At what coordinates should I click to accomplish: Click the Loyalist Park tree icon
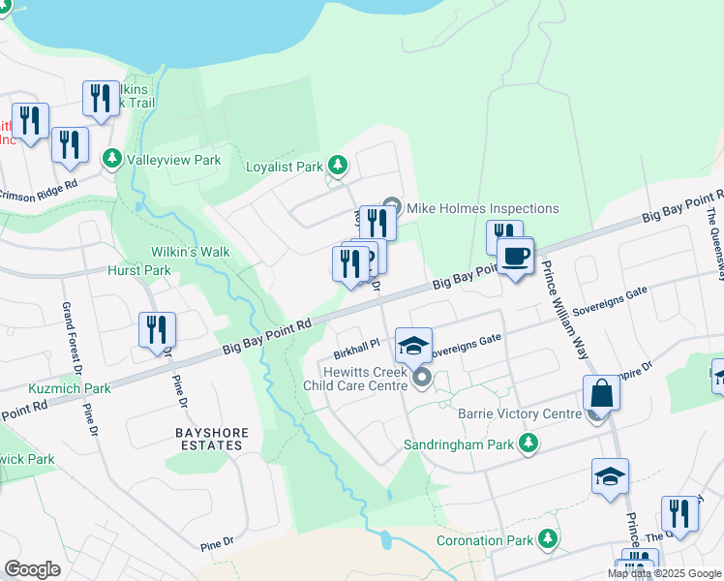coord(337,166)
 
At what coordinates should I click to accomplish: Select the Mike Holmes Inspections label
coord(482,208)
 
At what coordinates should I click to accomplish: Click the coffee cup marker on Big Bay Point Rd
coord(515,257)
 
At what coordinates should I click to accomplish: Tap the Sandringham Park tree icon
coord(528,443)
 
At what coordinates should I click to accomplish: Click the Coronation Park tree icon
coord(549,537)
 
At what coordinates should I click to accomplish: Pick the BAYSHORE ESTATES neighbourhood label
coord(212,439)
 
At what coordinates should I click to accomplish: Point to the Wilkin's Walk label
coord(190,252)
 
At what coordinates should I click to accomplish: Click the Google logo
coord(32,569)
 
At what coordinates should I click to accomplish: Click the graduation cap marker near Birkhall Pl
coord(413,345)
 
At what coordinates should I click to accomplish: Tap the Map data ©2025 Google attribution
coord(663,573)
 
